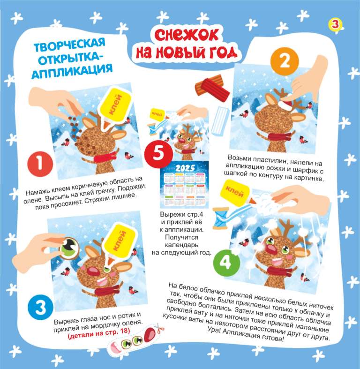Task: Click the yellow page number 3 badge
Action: [335, 24]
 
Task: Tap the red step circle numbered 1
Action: [40, 164]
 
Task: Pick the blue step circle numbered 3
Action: [40, 307]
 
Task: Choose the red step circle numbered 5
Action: [158, 153]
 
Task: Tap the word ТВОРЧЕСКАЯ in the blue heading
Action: [69, 45]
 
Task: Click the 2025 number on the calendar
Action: [185, 168]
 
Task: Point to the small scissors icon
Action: [160, 328]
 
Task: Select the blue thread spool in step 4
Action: [221, 218]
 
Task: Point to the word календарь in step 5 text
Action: [182, 245]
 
